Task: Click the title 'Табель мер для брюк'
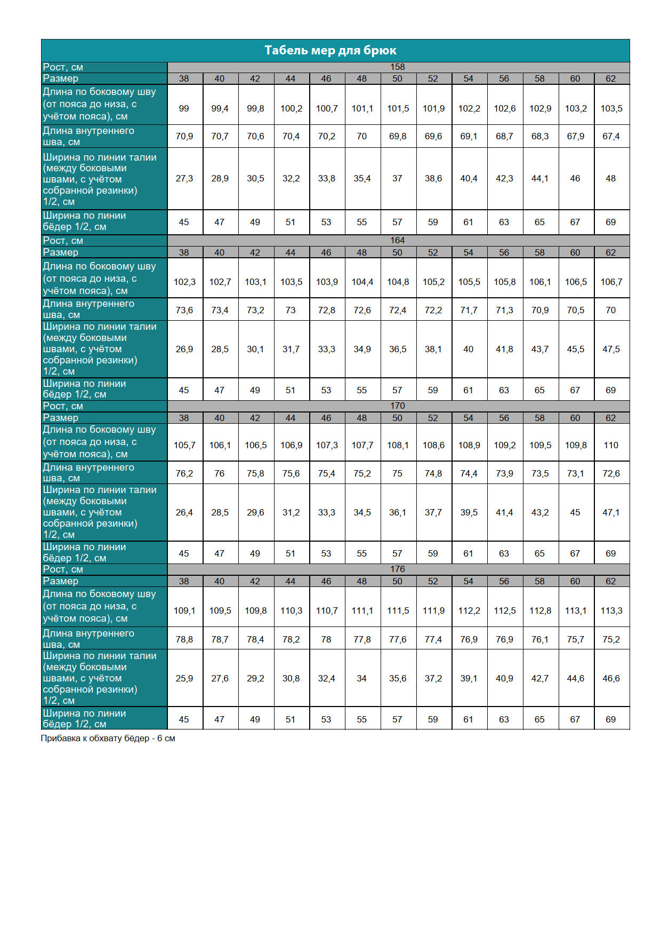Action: pos(330,51)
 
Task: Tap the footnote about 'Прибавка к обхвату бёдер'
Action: pos(108,739)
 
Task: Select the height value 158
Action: pos(397,67)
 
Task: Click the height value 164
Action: pos(397,241)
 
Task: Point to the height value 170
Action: pos(397,406)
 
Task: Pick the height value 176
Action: pos(397,569)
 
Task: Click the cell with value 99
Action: pos(184,108)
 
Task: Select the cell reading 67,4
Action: pos(611,136)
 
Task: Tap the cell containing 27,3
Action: pos(184,178)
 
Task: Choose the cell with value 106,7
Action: pos(611,282)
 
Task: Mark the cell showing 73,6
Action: pos(184,310)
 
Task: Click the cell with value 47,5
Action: pos(611,349)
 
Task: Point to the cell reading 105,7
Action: pos(184,445)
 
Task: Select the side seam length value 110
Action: pos(611,445)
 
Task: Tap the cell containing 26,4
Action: pos(184,512)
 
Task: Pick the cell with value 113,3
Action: pos(611,610)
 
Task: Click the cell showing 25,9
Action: pos(184,678)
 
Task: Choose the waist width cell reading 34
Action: pos(361,678)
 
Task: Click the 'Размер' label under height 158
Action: pos(61,78)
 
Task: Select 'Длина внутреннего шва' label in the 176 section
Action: pos(88,639)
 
